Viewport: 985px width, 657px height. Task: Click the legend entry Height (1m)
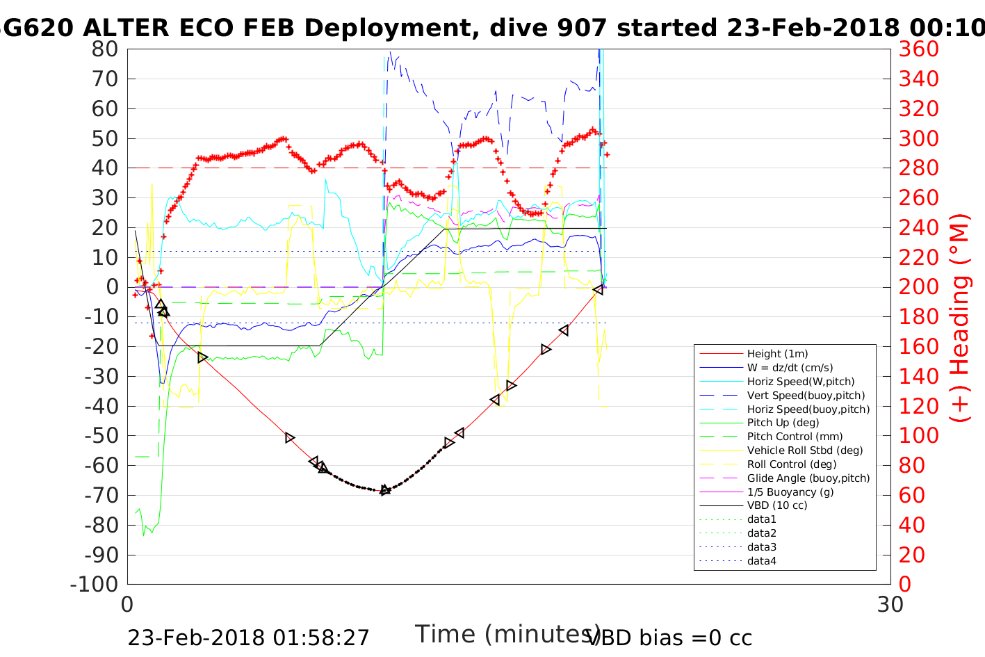[777, 354]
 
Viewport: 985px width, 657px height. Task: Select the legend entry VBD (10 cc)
[777, 505]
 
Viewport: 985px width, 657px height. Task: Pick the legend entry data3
[762, 547]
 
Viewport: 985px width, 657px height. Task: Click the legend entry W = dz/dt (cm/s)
[790, 368]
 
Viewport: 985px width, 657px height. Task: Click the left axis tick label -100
[95, 585]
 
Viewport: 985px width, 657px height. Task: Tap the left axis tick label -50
[101, 436]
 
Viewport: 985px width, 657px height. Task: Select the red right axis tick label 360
[919, 49]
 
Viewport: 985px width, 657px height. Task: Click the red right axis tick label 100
[919, 436]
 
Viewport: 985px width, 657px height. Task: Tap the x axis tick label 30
[890, 605]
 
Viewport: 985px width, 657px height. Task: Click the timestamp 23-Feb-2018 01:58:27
[248, 638]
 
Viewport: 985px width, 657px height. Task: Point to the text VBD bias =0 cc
[669, 638]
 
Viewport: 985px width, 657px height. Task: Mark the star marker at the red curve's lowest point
[385, 490]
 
